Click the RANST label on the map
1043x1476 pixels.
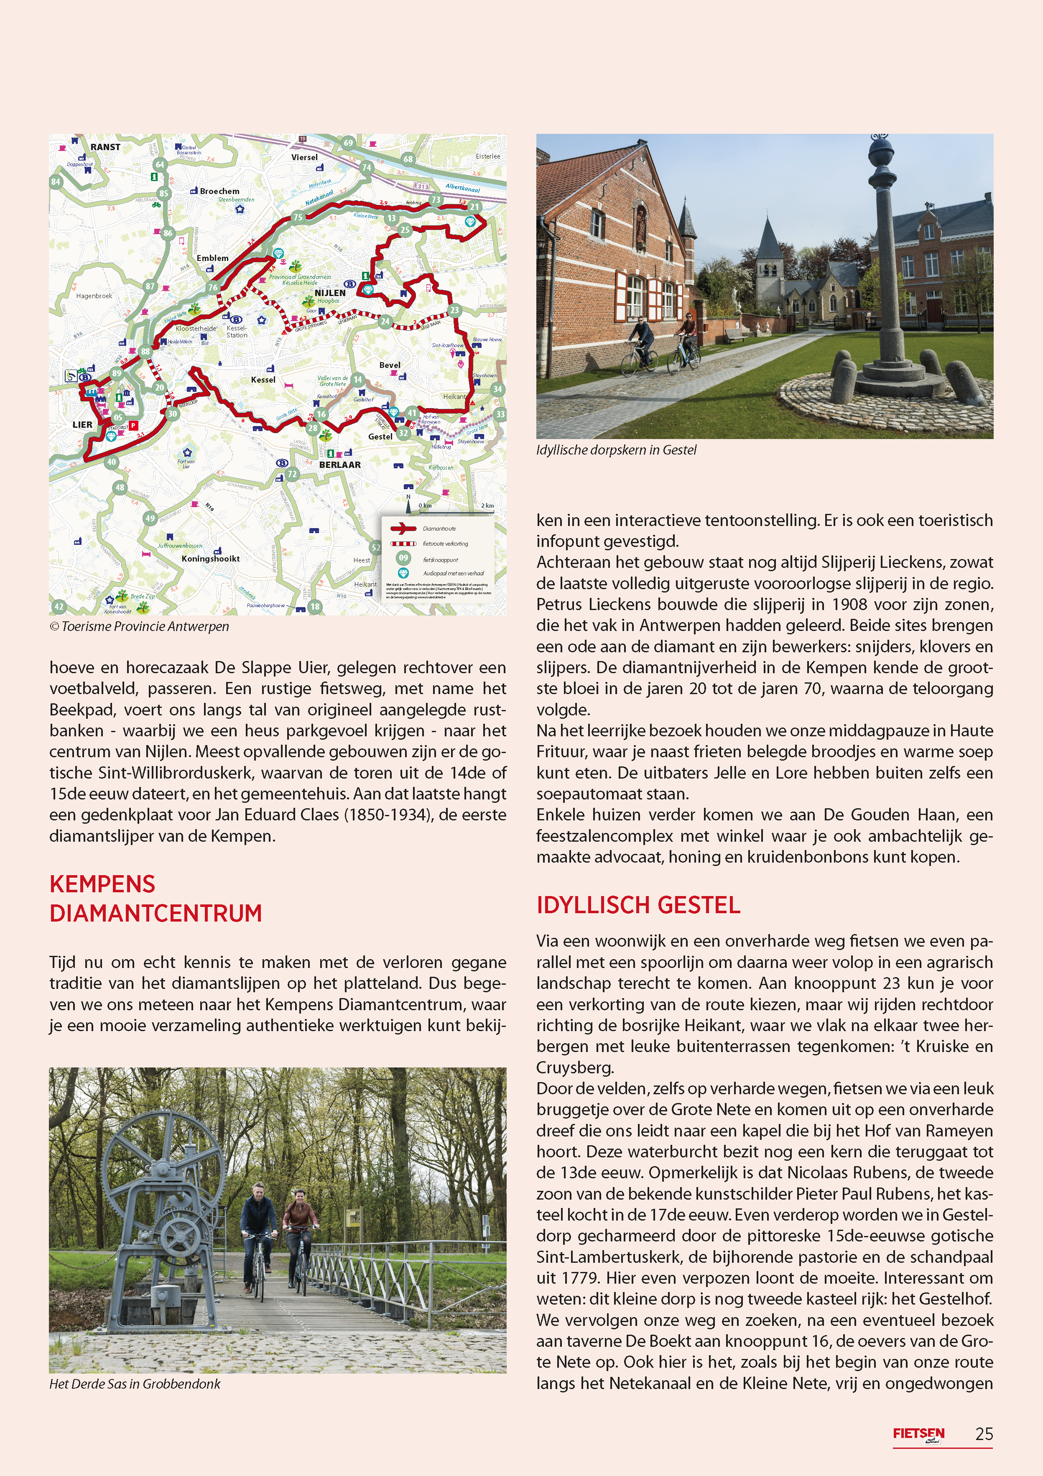pyautogui.click(x=105, y=147)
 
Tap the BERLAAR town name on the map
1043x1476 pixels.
pyautogui.click(x=339, y=465)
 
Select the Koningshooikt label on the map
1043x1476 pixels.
pyautogui.click(x=210, y=559)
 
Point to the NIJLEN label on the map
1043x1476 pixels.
pyautogui.click(x=330, y=293)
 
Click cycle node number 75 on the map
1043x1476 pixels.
pyautogui.click(x=298, y=217)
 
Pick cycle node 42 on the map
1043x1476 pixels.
pyautogui.click(x=59, y=606)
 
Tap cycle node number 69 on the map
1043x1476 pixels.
pyautogui.click(x=348, y=143)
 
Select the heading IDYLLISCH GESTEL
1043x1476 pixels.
pyautogui.click(x=638, y=905)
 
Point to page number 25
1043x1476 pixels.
pyautogui.click(x=984, y=1434)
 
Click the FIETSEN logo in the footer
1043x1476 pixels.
pyautogui.click(x=918, y=1434)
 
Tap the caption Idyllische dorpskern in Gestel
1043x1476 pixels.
pyautogui.click(x=616, y=450)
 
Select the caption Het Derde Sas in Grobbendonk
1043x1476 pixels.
pyautogui.click(x=135, y=1384)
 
